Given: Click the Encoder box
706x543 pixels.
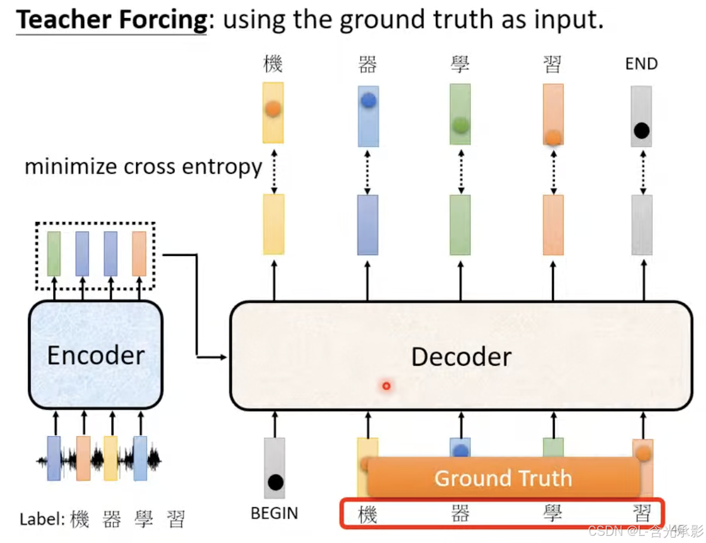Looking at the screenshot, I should [96, 355].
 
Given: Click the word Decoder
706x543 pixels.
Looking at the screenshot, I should [461, 357].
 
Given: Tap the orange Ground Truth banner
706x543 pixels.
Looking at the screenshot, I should [503, 478].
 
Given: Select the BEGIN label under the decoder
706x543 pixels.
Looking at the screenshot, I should [274, 513].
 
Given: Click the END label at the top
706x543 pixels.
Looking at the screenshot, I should [641, 64].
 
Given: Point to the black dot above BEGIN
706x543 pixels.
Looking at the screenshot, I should [275, 481].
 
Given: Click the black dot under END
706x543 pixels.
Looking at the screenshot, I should [641, 130].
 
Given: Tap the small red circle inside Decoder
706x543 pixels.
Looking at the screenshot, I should [386, 386].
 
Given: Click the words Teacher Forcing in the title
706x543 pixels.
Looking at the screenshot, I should [111, 20].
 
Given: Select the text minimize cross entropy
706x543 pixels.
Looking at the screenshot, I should [143, 167].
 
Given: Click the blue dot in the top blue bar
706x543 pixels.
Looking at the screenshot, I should [368, 101].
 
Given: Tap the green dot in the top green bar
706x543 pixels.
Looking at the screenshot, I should [460, 125].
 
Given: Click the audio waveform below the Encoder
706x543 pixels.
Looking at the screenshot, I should [99, 460].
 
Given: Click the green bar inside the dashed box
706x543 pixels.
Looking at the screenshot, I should [54, 254].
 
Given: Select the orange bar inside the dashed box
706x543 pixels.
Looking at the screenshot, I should [139, 254].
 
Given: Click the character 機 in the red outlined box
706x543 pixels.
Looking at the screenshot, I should [367, 514].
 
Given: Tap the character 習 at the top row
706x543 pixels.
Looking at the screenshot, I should [552, 64].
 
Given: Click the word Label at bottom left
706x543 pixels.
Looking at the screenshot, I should [41, 519].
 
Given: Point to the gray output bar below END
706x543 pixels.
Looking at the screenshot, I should [642, 225].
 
